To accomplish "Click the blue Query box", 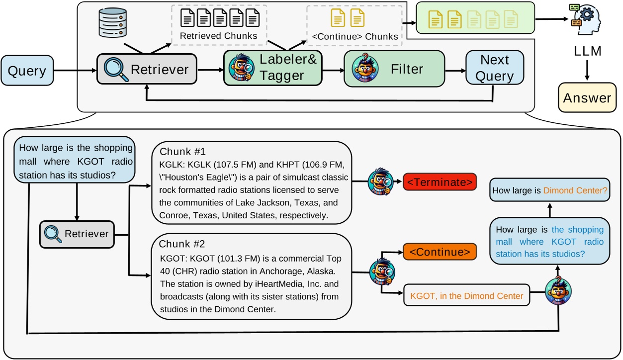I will point(27,71).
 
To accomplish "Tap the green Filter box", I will point(394,69).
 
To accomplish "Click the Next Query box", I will point(494,68).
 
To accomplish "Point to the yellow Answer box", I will point(587,98).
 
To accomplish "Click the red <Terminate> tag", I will point(440,182).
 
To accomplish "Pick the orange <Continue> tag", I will point(440,252).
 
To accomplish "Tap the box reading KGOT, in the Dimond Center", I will point(466,296).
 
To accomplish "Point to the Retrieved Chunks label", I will point(218,36).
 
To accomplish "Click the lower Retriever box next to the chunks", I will point(77,234).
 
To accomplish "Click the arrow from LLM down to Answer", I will point(587,70).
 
